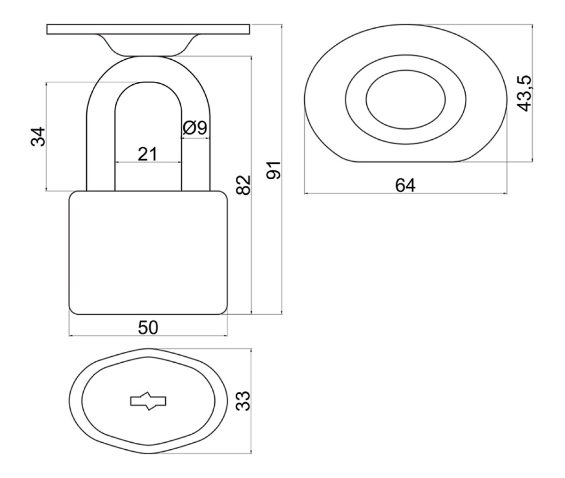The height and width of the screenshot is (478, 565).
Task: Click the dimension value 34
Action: click(x=38, y=136)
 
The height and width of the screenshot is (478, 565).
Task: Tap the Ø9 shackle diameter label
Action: click(x=195, y=127)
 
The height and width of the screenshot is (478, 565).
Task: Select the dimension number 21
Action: click(x=147, y=154)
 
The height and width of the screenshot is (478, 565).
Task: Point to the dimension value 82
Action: click(x=243, y=185)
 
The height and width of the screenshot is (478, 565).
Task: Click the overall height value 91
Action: click(x=274, y=170)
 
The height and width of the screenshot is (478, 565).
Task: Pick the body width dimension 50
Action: click(x=148, y=327)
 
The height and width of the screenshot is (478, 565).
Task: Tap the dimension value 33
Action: click(x=243, y=401)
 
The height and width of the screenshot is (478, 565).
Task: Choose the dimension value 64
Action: click(x=405, y=185)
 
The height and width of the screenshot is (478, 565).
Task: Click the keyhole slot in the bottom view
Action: click(x=148, y=401)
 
